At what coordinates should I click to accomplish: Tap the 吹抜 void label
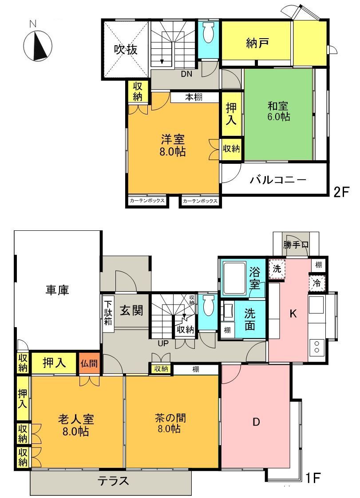click(126, 50)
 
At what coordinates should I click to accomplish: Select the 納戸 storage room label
click(258, 43)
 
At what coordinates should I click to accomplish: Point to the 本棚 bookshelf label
click(194, 97)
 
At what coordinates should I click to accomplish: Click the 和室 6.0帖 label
click(278, 111)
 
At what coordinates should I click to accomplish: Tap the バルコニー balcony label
click(278, 180)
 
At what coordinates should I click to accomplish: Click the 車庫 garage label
click(57, 290)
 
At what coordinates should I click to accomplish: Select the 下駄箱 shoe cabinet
click(108, 313)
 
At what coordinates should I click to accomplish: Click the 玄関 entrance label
click(131, 310)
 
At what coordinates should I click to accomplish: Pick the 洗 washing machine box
click(277, 269)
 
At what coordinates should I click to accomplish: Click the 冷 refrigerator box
click(316, 283)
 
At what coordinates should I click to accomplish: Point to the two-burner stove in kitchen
click(316, 347)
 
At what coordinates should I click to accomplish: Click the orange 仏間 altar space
click(89, 363)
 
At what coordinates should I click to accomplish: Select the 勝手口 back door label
click(296, 245)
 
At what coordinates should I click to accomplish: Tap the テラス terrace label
click(113, 481)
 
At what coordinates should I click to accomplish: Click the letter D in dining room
click(256, 422)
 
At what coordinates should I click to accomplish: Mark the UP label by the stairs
click(163, 344)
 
